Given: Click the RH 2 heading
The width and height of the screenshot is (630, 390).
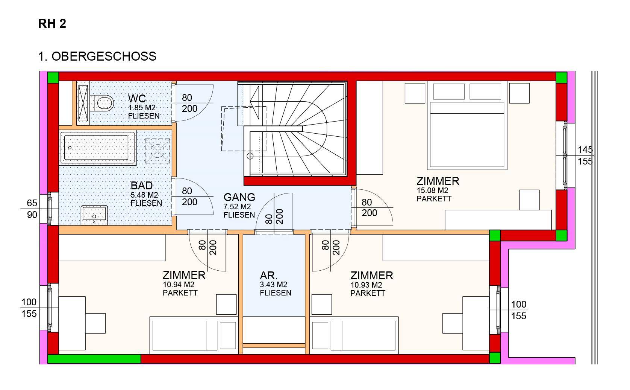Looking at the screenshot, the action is point(52,24).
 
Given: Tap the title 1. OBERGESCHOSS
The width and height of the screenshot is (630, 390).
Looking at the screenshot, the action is point(97,56).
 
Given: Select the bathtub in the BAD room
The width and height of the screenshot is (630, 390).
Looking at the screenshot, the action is point(98,148).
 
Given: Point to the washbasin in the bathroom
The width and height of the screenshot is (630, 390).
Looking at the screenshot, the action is point(94,215).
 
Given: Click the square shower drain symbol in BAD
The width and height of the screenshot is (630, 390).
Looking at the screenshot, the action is point(157,151).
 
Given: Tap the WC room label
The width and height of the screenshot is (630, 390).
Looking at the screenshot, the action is point(137,99).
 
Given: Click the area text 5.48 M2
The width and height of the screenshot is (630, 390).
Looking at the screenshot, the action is point(144,195).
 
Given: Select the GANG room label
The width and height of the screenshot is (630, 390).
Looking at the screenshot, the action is point(239,197).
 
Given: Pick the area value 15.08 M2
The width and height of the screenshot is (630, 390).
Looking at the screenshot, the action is point(432,190).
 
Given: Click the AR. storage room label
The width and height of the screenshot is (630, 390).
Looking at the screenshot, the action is point(269,276).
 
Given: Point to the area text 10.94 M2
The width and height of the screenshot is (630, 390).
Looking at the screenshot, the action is point(179,285).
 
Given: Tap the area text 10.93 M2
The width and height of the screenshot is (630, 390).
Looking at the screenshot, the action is point(366,285).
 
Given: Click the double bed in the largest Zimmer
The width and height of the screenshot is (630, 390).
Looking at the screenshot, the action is point(467,126).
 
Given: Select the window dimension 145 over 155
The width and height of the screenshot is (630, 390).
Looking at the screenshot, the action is point(585,155).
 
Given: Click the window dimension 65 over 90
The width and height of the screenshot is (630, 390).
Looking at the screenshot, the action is point(32,209).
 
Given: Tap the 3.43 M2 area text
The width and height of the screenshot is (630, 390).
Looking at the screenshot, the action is point(273,285).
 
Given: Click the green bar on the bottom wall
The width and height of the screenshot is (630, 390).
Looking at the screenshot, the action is point(94,359).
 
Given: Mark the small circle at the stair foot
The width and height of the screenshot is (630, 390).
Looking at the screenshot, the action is point(250,156).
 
